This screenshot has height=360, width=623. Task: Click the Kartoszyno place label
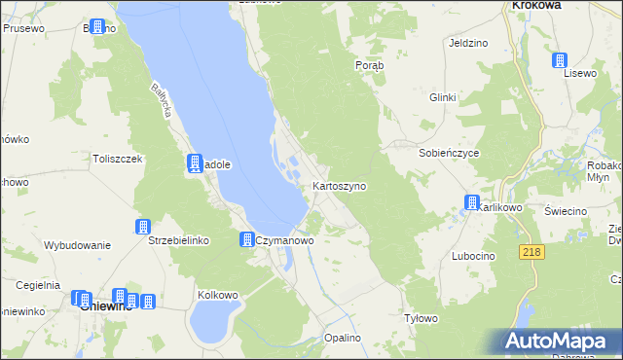pos(339,185)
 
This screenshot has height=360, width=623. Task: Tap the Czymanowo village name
pos(283,239)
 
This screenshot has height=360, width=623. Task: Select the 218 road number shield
pos(531,252)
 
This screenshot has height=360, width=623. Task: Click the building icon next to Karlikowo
pos(472,203)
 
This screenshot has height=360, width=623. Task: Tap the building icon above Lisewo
pos(561,60)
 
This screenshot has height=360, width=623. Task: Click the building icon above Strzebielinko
pos(143,227)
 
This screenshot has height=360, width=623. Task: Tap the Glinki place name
pos(443,97)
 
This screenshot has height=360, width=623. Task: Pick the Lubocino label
pos(473,255)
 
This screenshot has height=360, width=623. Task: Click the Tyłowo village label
pos(421,318)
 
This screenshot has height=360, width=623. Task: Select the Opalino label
pos(343,338)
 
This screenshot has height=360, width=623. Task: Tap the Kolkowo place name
pos(218,294)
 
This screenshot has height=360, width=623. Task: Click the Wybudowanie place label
pos(77,245)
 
